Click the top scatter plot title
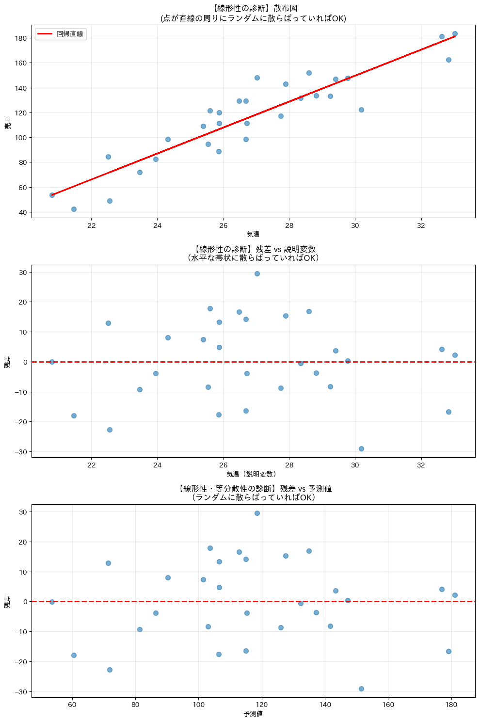tap(253, 14)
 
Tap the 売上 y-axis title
tap(8, 123)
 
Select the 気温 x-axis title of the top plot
tap(253, 234)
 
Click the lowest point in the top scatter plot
tap(74, 209)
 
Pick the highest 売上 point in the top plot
tap(455, 34)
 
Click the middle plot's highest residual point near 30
tap(257, 273)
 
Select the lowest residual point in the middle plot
tap(361, 449)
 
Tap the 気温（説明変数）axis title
tap(253, 474)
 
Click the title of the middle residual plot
tap(253, 253)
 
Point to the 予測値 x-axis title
tap(253, 714)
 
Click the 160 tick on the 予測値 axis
tap(388, 704)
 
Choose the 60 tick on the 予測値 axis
tap(72, 704)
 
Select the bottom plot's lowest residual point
tap(361, 689)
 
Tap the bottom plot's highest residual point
tap(257, 513)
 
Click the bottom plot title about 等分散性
tap(253, 493)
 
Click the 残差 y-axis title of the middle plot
tap(8, 362)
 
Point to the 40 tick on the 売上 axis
tap(22, 212)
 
